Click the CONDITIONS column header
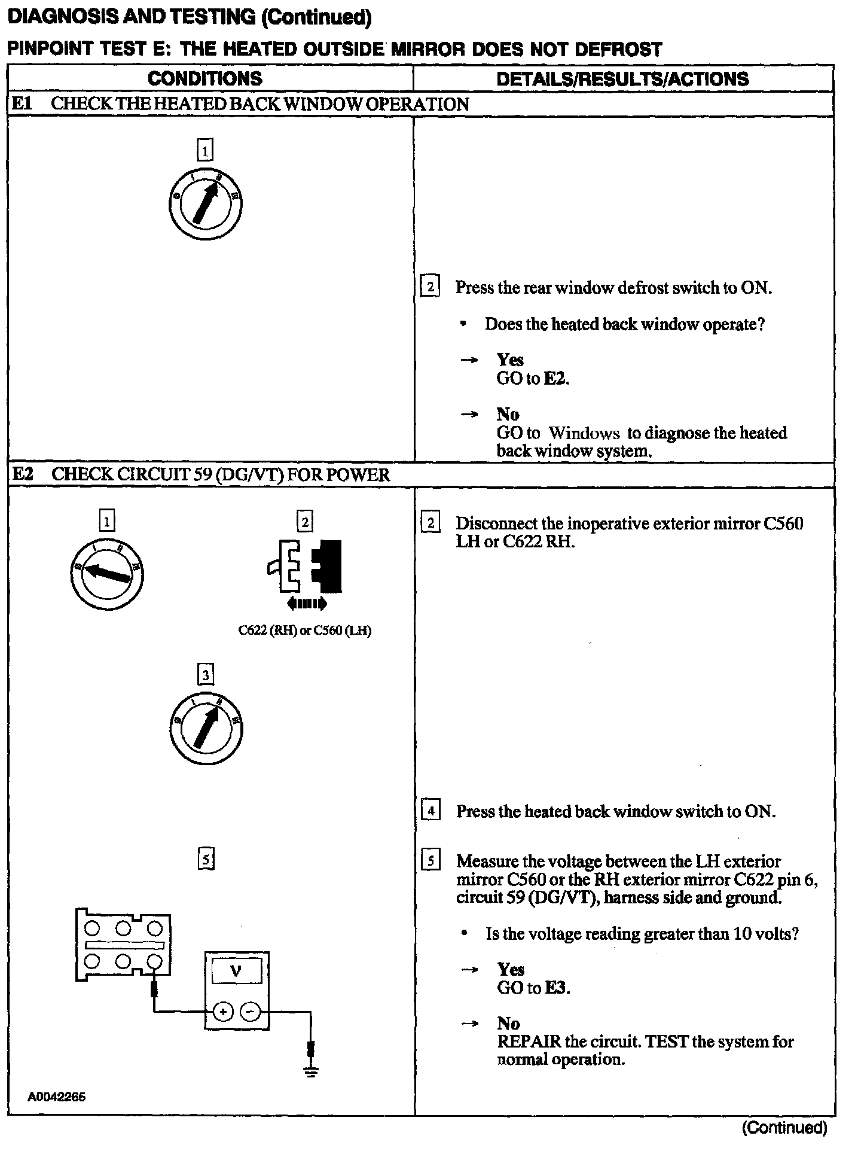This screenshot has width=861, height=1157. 204,78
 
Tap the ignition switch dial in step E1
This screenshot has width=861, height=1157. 205,205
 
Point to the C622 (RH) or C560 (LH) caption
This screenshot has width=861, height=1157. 304,631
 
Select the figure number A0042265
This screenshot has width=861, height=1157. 56,1097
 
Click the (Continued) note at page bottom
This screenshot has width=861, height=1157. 784,1128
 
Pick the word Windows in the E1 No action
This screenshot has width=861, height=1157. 575,433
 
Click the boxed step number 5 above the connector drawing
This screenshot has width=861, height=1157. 206,860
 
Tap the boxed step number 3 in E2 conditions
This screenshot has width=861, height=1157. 206,675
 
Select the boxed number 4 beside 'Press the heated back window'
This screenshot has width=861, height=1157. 430,811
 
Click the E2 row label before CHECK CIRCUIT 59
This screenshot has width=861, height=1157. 23,474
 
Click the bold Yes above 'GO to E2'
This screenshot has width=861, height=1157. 510,360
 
